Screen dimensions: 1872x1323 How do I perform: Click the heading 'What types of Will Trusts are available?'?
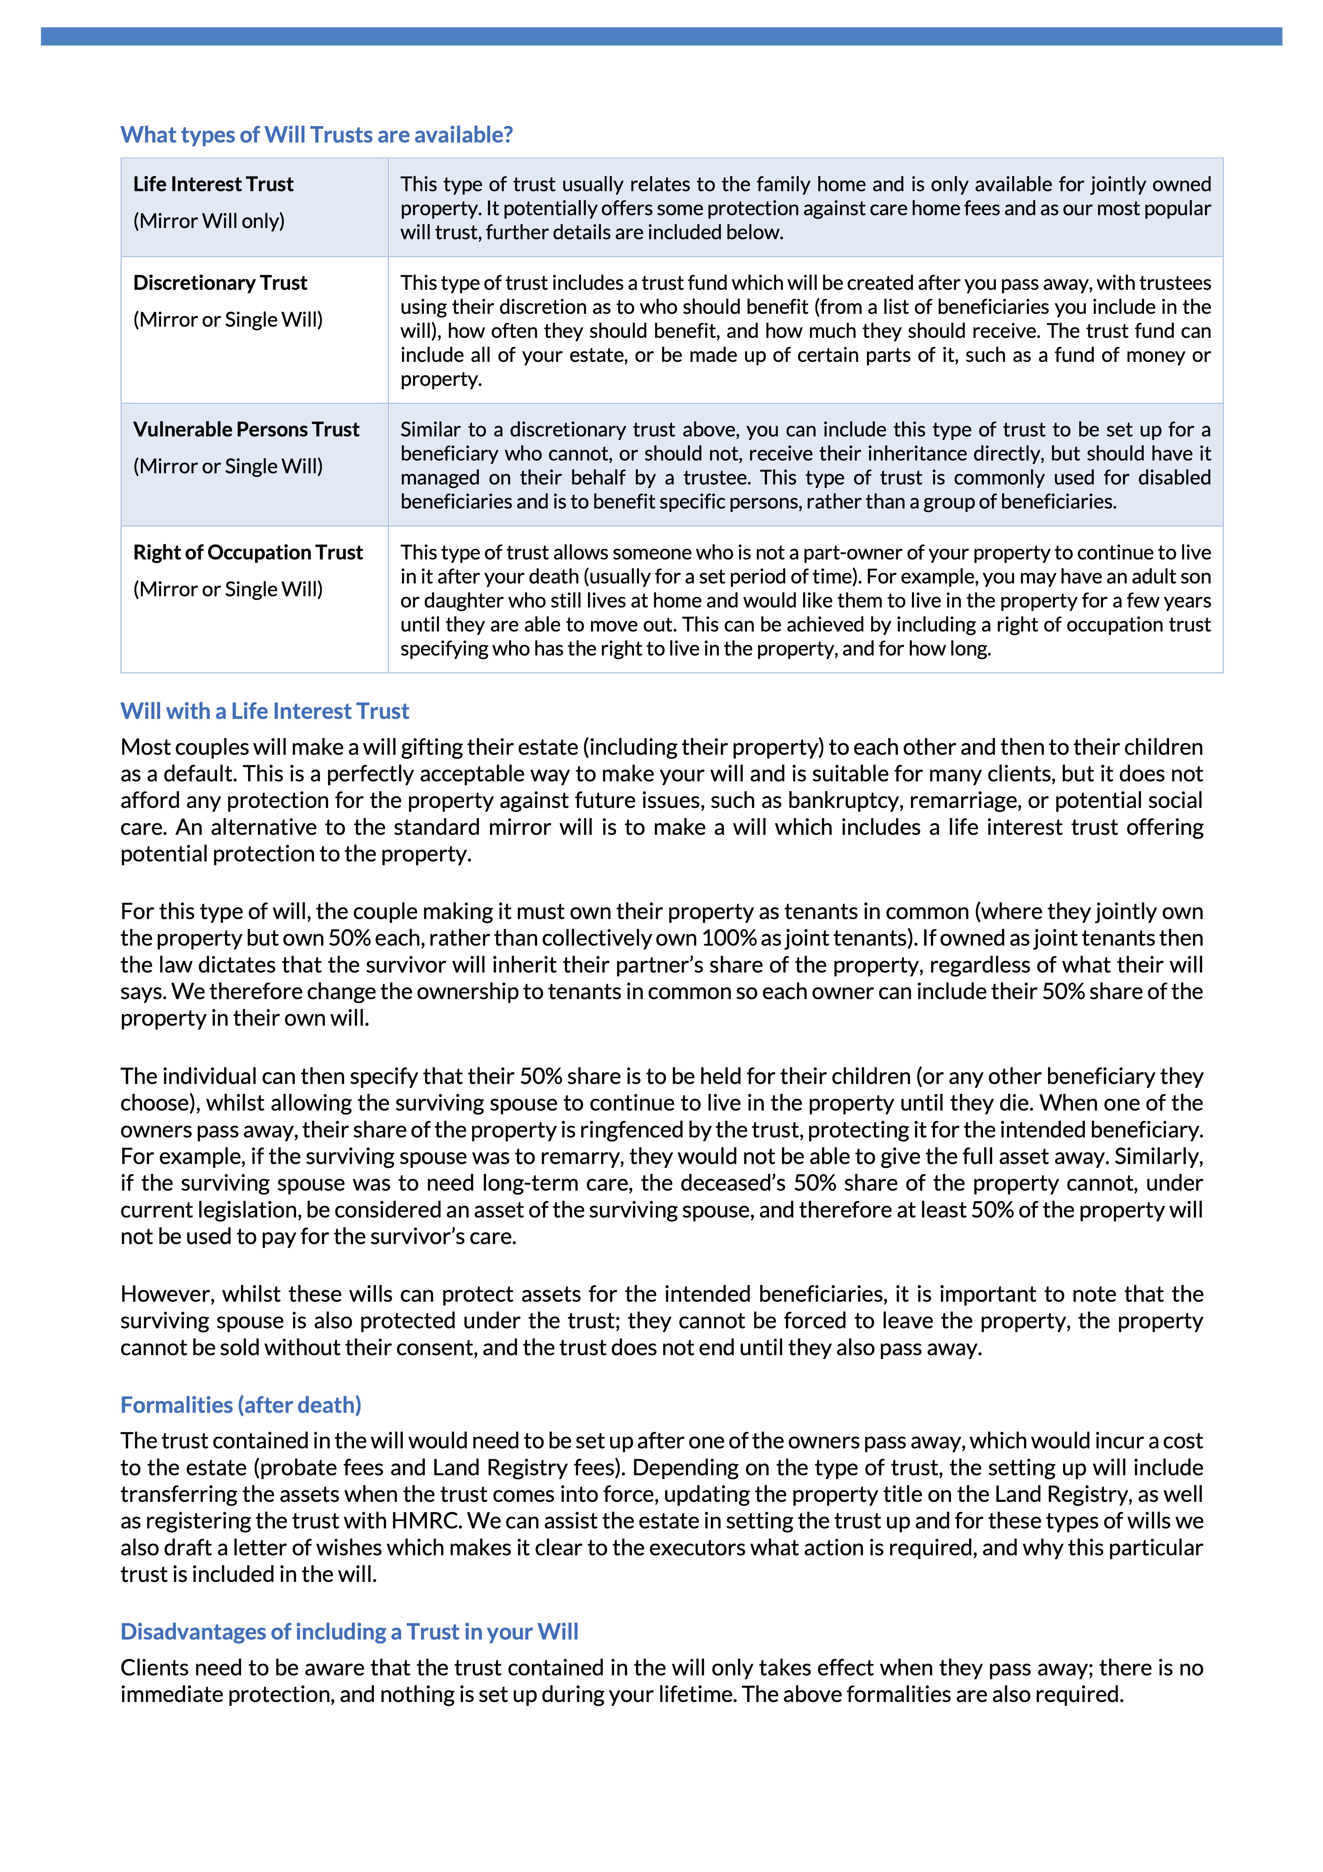pos(316,134)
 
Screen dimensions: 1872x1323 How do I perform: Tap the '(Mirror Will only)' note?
pos(209,221)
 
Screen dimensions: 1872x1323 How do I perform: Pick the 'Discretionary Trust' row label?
pos(220,283)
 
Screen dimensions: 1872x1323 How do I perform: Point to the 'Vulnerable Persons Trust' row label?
pos(246,430)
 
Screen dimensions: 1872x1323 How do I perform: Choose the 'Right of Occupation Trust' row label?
pos(248,553)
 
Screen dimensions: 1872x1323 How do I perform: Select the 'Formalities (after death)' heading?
pos(240,1405)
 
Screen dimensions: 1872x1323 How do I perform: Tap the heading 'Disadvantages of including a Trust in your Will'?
pos(349,1632)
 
